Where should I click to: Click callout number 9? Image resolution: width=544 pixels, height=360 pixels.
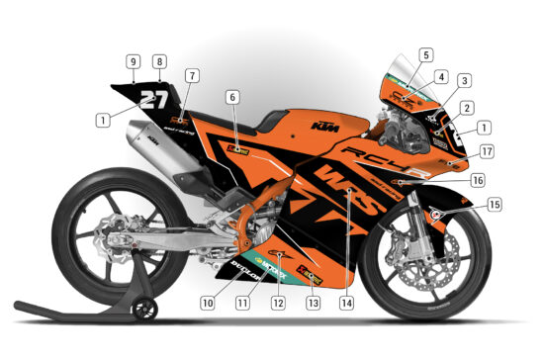[x=133, y=60]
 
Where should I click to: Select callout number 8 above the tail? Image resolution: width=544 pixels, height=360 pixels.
[x=159, y=60]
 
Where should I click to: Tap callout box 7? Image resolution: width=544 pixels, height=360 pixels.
[x=191, y=74]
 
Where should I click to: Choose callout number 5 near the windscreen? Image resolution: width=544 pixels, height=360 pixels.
[x=425, y=55]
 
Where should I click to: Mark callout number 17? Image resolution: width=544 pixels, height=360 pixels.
[x=486, y=151]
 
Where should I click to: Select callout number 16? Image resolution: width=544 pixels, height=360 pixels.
[x=478, y=180]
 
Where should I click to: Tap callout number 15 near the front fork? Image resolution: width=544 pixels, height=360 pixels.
[x=495, y=205]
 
